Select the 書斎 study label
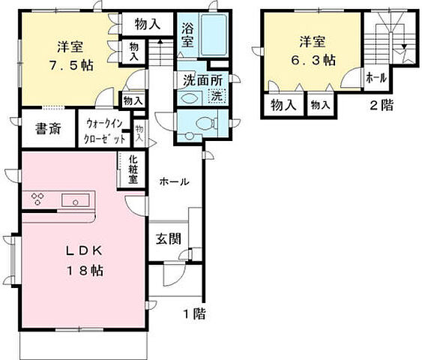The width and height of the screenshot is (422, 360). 47,128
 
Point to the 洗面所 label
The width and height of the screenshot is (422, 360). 200,79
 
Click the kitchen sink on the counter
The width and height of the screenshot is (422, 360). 76,200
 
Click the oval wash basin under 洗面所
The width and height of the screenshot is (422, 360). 189,97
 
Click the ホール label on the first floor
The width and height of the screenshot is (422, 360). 173,181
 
